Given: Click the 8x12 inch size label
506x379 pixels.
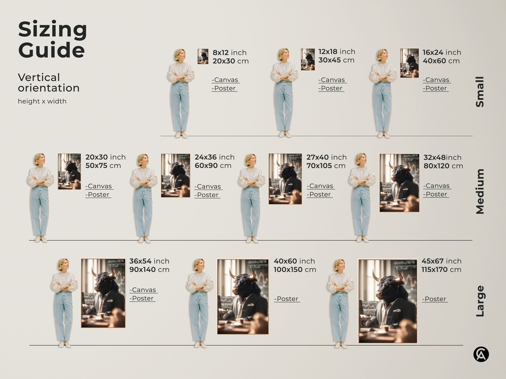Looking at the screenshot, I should tap(229, 52).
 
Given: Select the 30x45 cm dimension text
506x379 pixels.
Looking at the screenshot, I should tap(336, 60).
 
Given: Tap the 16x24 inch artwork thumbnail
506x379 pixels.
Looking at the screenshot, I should tap(409, 63).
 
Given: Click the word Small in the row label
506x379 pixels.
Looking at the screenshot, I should tap(480, 92).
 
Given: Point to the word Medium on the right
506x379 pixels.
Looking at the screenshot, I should tap(480, 191).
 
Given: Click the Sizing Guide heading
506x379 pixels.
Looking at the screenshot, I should tap(52, 39).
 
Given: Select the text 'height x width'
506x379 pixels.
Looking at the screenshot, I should tap(42, 101).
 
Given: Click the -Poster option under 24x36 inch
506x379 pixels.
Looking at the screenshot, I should tap(207, 195).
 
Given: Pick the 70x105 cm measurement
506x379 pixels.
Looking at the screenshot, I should tap(326, 166).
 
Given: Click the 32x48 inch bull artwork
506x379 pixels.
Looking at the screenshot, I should tap(399, 183).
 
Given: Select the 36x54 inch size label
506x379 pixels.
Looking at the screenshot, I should tap(149, 261).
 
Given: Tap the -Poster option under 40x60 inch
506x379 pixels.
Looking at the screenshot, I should tap(287, 299).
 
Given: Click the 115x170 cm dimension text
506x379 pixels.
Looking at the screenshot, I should tap(441, 270).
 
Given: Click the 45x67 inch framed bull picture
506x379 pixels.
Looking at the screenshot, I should tap(388, 301).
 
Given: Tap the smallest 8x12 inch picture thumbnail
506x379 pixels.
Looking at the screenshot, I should tap(203, 56).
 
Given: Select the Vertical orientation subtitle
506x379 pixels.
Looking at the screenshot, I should tap(49, 83).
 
